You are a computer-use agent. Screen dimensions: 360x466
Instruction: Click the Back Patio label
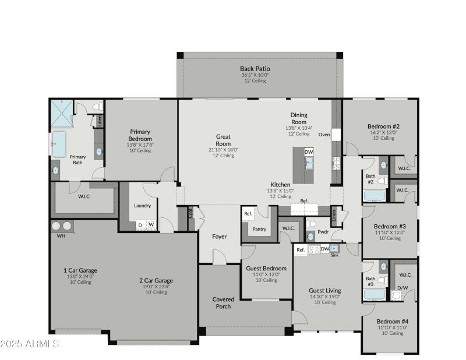pos(255,69)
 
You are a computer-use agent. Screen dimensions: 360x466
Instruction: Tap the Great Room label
pos(223,140)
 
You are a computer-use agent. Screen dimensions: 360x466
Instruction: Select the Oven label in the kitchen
pos(324,134)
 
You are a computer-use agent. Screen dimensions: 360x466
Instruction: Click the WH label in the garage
pos(61,237)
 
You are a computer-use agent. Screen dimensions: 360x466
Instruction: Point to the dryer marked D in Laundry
pos(140,224)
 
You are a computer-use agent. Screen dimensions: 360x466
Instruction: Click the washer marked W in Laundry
pos(151,224)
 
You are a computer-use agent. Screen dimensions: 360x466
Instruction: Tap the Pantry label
pos(259,229)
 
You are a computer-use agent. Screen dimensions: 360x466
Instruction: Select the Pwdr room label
pos(323,232)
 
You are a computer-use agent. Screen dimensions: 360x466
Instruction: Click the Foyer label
pos(219,237)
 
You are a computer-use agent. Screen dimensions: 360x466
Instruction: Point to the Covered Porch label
pos(223,303)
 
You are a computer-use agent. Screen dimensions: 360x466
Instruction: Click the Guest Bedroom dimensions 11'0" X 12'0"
pos(266,274)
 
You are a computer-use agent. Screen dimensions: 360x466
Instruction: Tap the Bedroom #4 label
pos(392,321)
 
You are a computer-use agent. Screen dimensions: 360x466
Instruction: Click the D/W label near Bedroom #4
pos(403,288)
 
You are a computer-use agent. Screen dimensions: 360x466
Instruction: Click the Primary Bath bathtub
pos(60,143)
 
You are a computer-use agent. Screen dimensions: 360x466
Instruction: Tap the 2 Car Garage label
pos(156,280)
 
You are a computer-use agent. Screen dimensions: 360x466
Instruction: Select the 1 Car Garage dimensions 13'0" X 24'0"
pos(80,276)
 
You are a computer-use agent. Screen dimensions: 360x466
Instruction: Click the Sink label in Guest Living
pos(334,255)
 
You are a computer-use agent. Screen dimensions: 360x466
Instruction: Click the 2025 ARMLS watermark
pos(30,344)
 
